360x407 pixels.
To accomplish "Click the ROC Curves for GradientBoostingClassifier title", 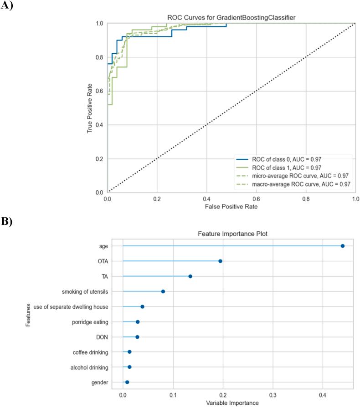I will pyautogui.click(x=231, y=18).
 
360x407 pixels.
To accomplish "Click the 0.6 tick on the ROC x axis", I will pyautogui.click(x=256, y=199).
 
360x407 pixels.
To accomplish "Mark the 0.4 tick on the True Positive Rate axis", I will pyautogui.click(x=99, y=125).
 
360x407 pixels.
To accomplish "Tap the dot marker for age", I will pyautogui.click(x=343, y=246).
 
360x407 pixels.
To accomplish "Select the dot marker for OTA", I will pyautogui.click(x=220, y=261).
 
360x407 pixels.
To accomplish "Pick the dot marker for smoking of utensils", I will pyautogui.click(x=163, y=291).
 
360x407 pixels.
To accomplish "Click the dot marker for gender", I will pyautogui.click(x=127, y=382).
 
